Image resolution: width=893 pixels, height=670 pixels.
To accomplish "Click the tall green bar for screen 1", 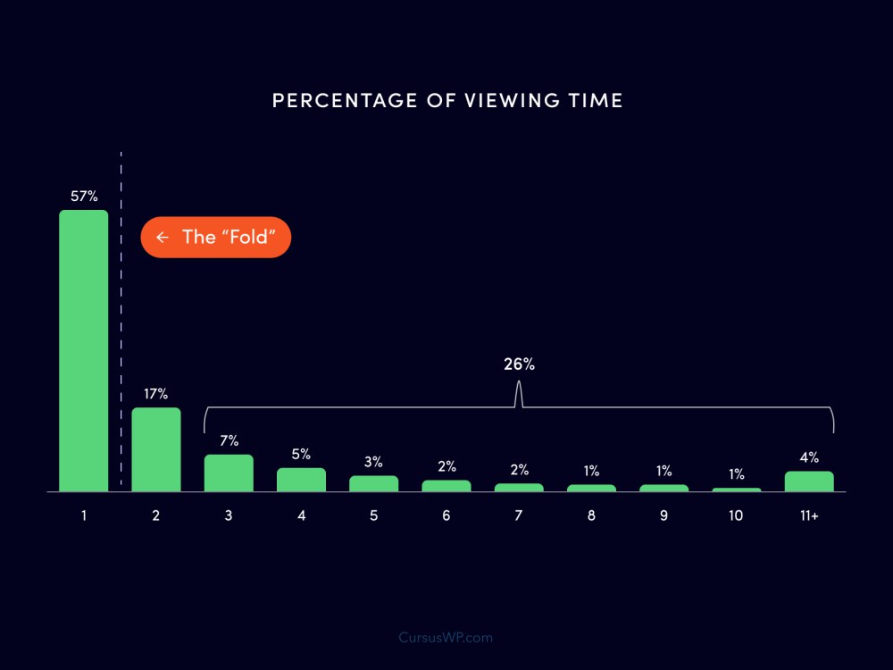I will pos(83,350).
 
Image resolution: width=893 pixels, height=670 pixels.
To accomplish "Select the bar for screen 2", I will pos(156,449).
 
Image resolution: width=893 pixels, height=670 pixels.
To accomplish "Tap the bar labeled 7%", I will pos(229,473).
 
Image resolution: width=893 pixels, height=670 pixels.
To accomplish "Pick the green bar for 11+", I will pos(809,481).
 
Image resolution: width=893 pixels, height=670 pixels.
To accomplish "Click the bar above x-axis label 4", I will pos(301,480).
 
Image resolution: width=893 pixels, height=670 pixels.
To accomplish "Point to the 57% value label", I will pos(84,197).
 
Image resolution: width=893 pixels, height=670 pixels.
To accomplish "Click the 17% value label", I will pos(155,394).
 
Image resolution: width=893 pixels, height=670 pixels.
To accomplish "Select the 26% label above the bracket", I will pos(519,364).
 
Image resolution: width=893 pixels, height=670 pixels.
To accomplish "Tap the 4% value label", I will pos(809,458).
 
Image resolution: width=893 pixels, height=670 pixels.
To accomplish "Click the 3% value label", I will pos(373,462).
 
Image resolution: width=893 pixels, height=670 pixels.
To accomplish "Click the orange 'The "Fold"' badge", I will pos(215,238).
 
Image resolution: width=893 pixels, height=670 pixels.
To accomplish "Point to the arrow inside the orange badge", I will pos(162,238).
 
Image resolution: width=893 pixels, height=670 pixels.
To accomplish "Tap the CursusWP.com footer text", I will pos(446,638).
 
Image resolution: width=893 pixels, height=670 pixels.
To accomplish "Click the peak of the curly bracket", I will pos(519,387).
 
